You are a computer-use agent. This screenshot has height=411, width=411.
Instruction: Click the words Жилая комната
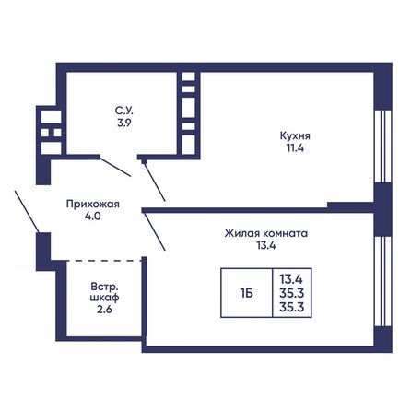point(267,233)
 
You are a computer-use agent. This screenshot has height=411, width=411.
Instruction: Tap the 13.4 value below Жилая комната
point(267,246)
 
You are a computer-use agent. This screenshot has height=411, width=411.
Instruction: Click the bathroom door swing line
point(116,166)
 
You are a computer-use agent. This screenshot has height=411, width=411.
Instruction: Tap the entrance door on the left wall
point(26,211)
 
